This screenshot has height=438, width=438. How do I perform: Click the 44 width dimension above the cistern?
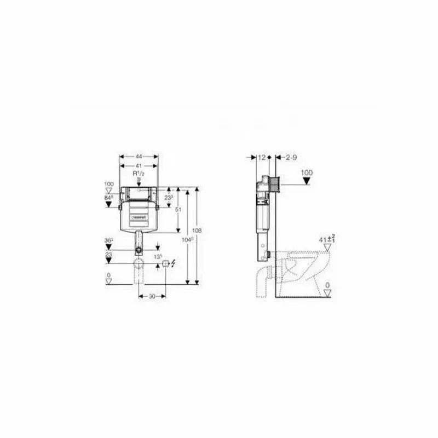point(139,157)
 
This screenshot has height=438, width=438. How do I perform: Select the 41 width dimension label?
point(139,165)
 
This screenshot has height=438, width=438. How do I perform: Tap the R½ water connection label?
point(139,174)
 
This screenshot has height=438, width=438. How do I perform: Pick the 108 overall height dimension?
point(198,230)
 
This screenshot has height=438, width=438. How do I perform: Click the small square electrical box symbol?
point(165,264)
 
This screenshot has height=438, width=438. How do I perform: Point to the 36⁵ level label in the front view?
point(109,240)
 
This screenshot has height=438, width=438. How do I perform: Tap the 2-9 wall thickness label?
point(291,157)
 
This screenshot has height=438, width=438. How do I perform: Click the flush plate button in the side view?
point(276,184)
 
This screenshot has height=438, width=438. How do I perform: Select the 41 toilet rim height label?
point(327,239)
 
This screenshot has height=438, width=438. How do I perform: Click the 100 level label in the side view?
point(307,172)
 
